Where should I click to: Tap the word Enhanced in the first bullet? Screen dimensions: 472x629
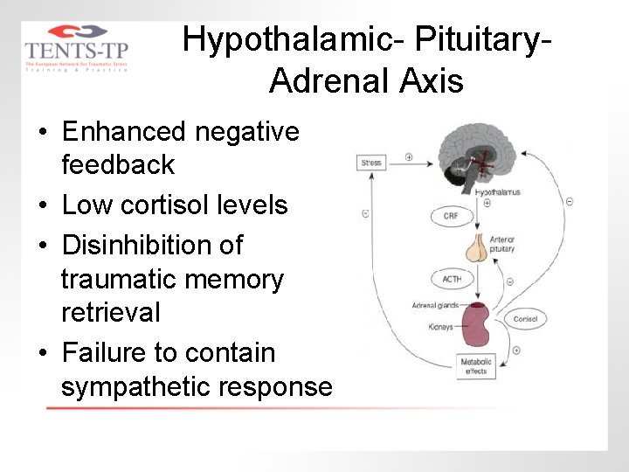click(x=124, y=132)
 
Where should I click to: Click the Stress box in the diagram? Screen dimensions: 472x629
click(x=371, y=163)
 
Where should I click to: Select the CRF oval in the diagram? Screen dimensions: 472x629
click(x=451, y=216)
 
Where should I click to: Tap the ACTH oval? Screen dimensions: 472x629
click(x=451, y=280)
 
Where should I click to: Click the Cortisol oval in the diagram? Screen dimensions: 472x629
click(x=525, y=319)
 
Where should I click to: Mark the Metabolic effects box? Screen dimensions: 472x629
click(x=477, y=366)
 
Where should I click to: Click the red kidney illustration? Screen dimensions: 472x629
click(x=477, y=326)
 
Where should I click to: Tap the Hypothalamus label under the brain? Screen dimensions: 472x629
click(x=497, y=191)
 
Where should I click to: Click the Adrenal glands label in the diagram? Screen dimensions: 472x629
click(x=434, y=306)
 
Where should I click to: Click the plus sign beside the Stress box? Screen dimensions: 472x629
click(x=409, y=157)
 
